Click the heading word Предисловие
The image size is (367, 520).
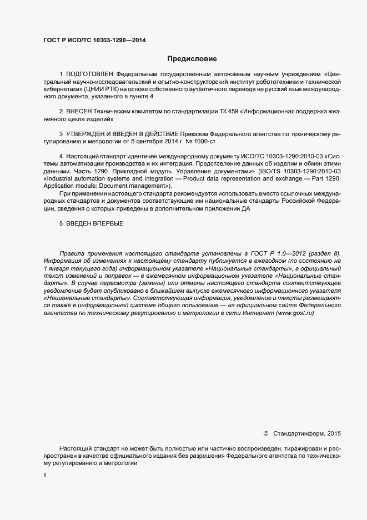click(x=192, y=58)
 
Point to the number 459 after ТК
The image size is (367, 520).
click(x=225, y=112)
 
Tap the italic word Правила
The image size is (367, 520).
click(x=72, y=253)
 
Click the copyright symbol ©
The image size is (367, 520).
click(x=265, y=433)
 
